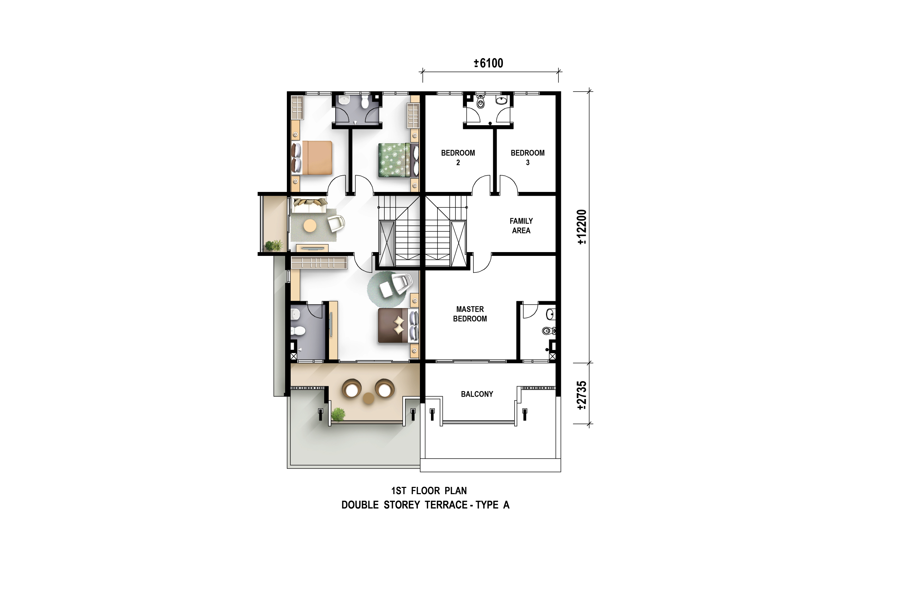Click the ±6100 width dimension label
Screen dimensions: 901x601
click(488, 63)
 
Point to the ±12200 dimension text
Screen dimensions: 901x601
click(582, 227)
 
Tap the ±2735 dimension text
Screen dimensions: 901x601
click(582, 396)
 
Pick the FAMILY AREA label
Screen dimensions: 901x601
click(521, 226)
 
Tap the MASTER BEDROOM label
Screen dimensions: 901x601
click(470, 314)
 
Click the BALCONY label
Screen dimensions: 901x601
click(477, 394)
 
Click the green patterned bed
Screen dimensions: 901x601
click(398, 160)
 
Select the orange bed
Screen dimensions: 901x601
click(312, 158)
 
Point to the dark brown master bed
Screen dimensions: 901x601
click(398, 325)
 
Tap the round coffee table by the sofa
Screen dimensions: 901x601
click(310, 226)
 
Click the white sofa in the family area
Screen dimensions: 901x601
click(310, 205)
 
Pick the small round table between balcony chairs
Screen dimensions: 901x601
click(368, 399)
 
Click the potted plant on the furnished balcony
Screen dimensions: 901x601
click(338, 415)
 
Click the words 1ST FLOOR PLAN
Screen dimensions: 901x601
click(429, 491)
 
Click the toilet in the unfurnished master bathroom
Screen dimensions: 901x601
click(549, 331)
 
